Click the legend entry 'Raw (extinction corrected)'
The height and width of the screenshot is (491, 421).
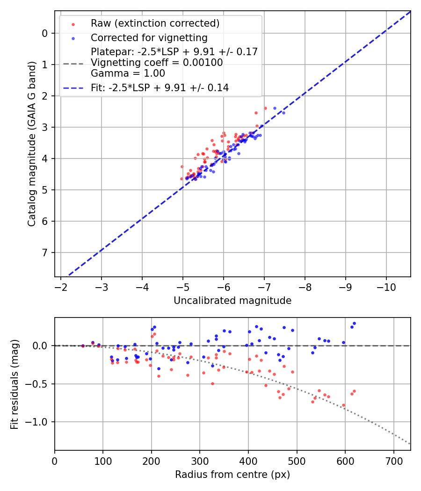(x=155, y=23)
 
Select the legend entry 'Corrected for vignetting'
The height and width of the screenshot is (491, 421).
(x=149, y=37)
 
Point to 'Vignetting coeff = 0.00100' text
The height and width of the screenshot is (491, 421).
(x=157, y=62)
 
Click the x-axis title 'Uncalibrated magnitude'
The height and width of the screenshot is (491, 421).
(x=232, y=301)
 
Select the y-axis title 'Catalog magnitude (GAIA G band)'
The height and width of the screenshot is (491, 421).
(x=32, y=143)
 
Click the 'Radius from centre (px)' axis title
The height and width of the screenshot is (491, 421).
(x=232, y=475)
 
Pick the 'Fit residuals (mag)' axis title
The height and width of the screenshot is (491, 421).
(x=15, y=384)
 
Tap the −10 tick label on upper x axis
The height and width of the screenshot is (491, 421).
(x=386, y=287)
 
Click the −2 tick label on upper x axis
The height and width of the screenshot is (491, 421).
(x=61, y=287)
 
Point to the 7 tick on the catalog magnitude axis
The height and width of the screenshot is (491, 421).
(x=45, y=253)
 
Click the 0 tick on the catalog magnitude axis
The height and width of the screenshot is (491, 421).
(x=45, y=33)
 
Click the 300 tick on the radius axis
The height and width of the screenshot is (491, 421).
(x=200, y=461)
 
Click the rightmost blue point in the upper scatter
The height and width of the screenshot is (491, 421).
(x=283, y=113)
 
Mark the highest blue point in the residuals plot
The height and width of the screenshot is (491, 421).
(x=354, y=323)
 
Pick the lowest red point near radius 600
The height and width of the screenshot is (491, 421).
(x=343, y=405)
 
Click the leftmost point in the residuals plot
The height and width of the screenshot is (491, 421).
(x=83, y=346)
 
